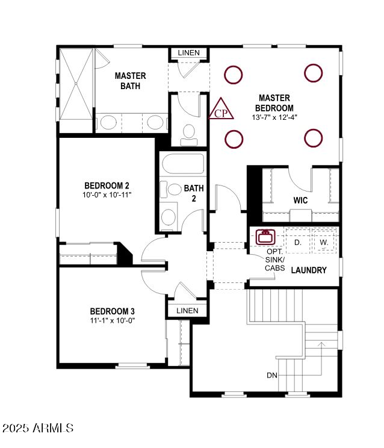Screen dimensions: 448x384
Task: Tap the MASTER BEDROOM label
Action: tap(274, 102)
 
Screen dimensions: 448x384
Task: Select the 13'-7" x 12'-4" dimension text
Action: tap(274, 117)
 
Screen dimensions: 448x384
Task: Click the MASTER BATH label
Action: tap(131, 81)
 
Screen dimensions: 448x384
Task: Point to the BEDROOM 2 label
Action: tap(107, 185)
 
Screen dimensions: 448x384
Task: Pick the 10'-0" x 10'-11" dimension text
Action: tap(107, 194)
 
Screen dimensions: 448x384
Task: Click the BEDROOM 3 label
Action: tap(113, 311)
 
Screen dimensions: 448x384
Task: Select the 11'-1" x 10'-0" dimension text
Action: tap(113, 320)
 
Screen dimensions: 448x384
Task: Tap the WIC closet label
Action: tap(301, 199)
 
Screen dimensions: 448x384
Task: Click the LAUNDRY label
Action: tap(308, 270)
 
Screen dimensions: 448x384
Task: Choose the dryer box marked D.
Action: tap(297, 242)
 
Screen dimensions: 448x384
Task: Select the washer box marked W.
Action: tap(324, 242)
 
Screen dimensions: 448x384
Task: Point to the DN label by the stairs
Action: tap(272, 375)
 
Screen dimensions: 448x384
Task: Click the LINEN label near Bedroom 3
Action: tap(187, 311)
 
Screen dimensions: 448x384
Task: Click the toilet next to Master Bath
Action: tap(188, 132)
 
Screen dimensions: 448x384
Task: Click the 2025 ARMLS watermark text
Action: tap(38, 428)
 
